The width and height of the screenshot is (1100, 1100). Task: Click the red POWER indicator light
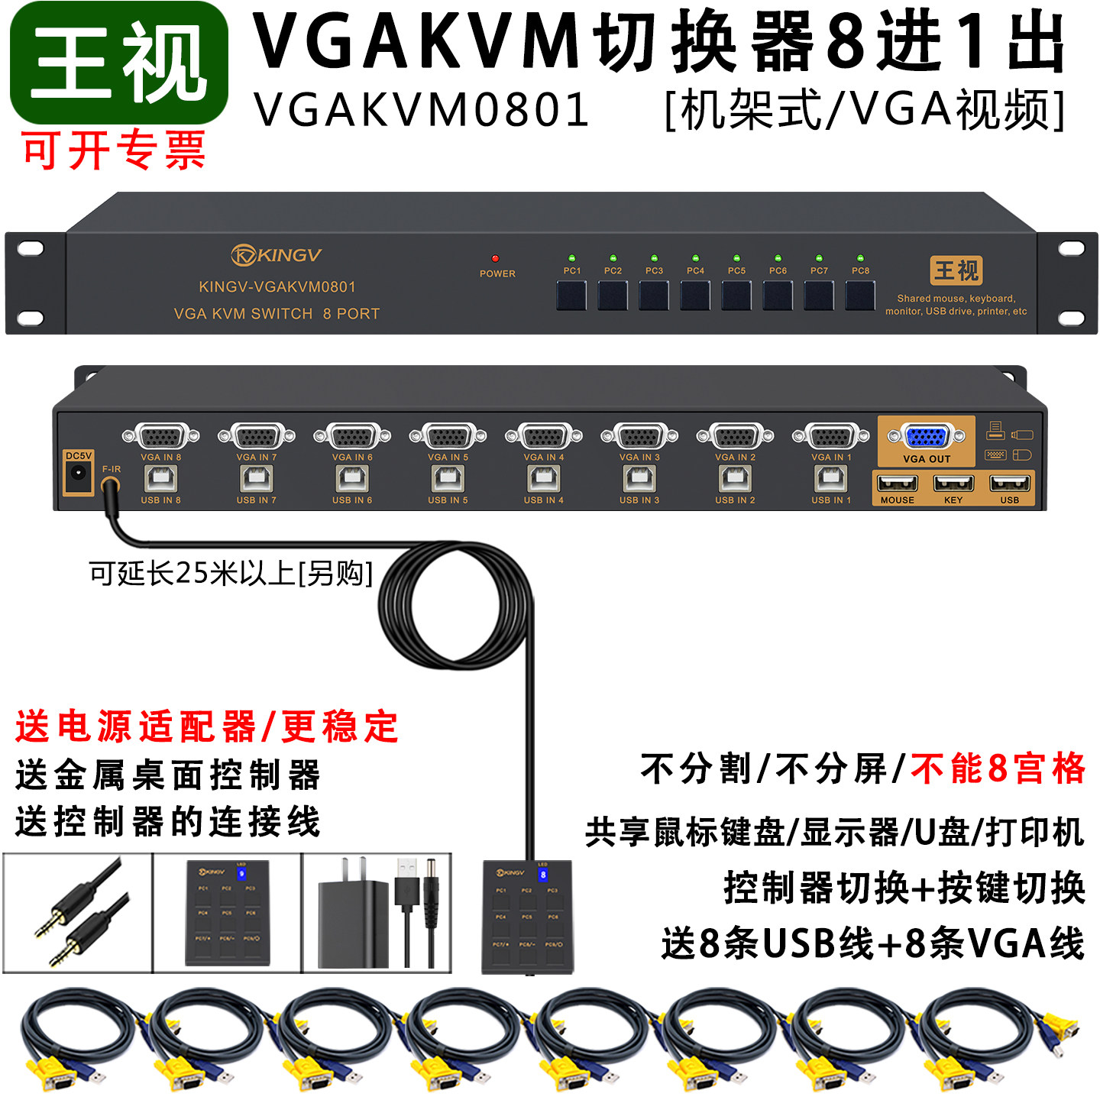pyautogui.click(x=495, y=259)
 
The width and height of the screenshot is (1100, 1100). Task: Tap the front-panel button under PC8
pyautogui.click(x=860, y=296)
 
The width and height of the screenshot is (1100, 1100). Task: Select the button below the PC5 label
pyautogui.click(x=736, y=296)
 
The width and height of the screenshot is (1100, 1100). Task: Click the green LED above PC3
pyautogui.click(x=654, y=259)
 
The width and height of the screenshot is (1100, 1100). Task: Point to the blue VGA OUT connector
pyautogui.click(x=926, y=437)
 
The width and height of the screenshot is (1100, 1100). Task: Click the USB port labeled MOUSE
pyautogui.click(x=898, y=483)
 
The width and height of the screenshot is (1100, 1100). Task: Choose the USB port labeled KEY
pyautogui.click(x=953, y=483)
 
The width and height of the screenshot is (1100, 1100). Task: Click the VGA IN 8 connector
pyautogui.click(x=160, y=437)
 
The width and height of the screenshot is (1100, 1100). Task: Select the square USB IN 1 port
pyautogui.click(x=831, y=479)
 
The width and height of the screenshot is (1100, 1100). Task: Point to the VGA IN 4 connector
pyautogui.click(x=544, y=437)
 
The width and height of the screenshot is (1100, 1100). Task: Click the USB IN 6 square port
pyautogui.click(x=352, y=479)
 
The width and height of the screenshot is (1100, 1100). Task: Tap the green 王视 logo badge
pyautogui.click(x=119, y=63)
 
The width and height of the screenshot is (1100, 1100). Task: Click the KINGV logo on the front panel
pyautogui.click(x=277, y=254)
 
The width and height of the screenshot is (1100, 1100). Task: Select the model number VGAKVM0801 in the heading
pyautogui.click(x=422, y=109)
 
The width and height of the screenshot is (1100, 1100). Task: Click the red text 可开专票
pyautogui.click(x=115, y=150)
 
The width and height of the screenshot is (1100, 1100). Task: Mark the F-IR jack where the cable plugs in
pyautogui.click(x=111, y=485)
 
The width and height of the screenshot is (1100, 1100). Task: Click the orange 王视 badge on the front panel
pyautogui.click(x=956, y=270)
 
